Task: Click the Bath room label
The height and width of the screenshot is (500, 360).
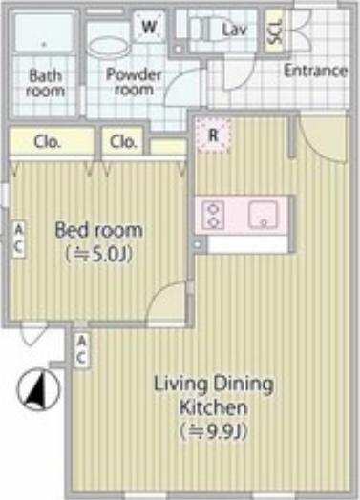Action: [x=45, y=83]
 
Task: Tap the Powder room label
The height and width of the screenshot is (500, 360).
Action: [x=134, y=82]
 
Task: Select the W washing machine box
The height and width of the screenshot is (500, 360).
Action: [x=149, y=27]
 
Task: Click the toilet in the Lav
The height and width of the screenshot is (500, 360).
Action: [x=205, y=31]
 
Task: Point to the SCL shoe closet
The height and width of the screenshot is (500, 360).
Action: [x=275, y=31]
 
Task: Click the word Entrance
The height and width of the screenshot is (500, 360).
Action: [x=315, y=71]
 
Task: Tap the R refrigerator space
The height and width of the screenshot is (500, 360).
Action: [x=213, y=135]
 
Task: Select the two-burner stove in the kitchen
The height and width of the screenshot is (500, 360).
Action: [x=213, y=216]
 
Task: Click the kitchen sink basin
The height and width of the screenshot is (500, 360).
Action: [x=263, y=215]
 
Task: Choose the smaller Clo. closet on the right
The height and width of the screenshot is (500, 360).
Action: [x=122, y=141]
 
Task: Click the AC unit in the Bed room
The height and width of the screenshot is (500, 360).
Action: [x=19, y=240]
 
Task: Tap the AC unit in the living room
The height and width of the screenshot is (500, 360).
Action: [x=81, y=351]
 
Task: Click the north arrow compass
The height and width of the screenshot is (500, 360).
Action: [x=38, y=389]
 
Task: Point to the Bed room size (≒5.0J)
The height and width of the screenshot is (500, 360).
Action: [x=99, y=255]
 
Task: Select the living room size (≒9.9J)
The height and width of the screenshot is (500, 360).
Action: [x=213, y=431]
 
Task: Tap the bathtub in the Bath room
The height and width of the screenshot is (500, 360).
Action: [x=44, y=31]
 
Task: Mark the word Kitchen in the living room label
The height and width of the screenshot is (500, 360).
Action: [x=213, y=407]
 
